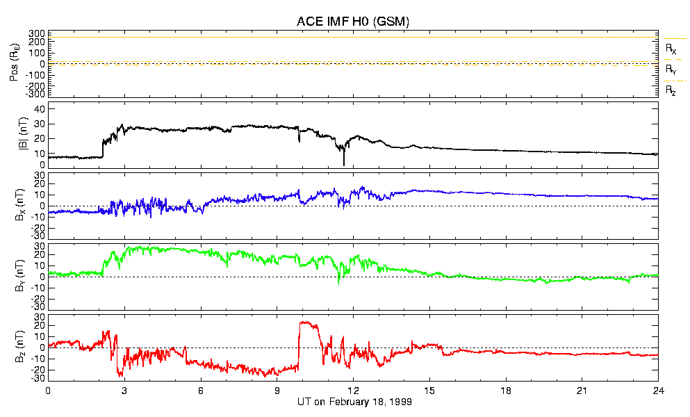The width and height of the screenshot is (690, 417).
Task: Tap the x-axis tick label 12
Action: [353, 391]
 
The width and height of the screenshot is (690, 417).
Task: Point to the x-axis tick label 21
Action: [582, 391]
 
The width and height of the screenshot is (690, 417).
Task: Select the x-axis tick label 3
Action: [124, 391]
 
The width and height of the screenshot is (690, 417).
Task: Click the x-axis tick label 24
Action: [658, 391]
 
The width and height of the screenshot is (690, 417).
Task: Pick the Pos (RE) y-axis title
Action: [14, 63]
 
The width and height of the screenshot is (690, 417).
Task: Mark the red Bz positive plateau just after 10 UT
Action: [306, 323]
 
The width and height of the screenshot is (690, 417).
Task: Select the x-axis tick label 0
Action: [48, 391]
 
